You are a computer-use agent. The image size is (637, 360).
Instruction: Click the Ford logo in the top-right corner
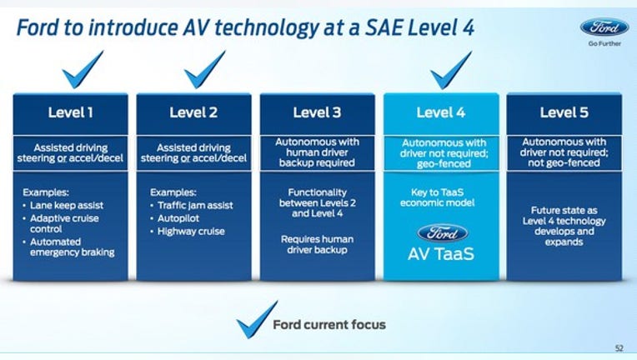pyautogui.click(x=604, y=27)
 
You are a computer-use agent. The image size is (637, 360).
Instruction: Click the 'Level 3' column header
pyautogui.click(x=318, y=112)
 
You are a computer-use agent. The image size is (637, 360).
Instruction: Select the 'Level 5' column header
pyautogui.click(x=564, y=112)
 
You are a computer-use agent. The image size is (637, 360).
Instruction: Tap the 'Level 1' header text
pyautogui.click(x=71, y=112)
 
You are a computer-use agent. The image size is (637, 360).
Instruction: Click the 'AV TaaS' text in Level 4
pyautogui.click(x=441, y=254)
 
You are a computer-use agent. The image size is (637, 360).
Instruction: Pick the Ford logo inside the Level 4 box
pyautogui.click(x=443, y=233)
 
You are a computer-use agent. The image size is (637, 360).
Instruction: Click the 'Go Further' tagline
pyautogui.click(x=604, y=43)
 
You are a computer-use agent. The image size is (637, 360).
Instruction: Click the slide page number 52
pyautogui.click(x=619, y=347)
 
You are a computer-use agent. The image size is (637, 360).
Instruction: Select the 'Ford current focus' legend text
pyautogui.click(x=329, y=325)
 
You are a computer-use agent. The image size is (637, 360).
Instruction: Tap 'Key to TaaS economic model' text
pyautogui.click(x=437, y=197)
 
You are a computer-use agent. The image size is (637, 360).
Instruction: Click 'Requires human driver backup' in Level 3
pyautogui.click(x=318, y=244)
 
